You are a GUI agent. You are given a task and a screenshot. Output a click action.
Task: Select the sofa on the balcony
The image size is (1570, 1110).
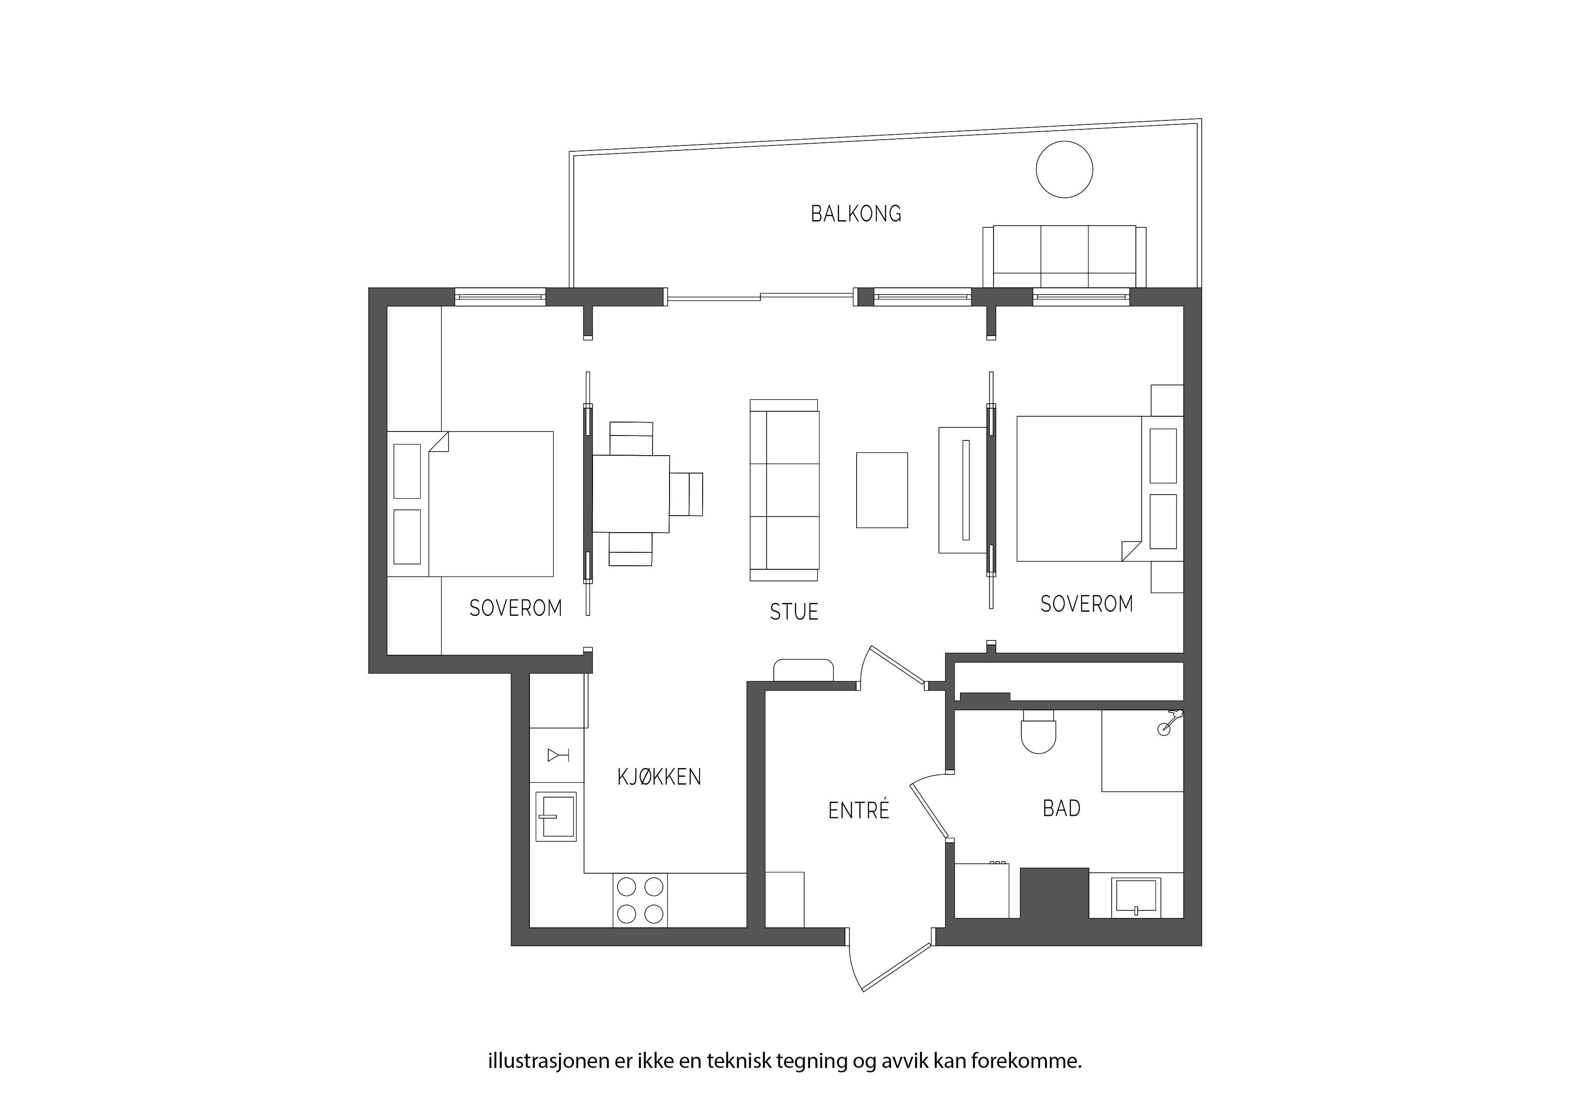1064,256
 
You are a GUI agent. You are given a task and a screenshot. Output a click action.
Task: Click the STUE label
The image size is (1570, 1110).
794,611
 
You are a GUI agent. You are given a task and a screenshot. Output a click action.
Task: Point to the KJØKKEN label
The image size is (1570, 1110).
659,777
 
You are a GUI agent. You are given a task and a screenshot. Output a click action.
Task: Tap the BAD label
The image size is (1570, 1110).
1061,808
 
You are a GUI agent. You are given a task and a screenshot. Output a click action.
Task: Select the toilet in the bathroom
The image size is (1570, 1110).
1038,732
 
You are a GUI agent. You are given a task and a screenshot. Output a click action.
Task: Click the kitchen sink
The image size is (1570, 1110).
556,816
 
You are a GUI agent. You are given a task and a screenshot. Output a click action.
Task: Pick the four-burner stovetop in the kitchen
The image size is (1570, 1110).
640,900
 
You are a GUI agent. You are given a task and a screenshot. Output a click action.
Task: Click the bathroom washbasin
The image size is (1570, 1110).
1136,897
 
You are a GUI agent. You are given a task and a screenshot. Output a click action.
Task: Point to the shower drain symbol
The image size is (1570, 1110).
1164,730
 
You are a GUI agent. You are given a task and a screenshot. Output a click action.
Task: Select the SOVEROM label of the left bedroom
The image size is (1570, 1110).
516,608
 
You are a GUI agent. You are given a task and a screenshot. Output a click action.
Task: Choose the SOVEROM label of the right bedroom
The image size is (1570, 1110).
1087,604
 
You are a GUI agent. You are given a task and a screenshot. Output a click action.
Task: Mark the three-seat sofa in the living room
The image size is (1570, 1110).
784,491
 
